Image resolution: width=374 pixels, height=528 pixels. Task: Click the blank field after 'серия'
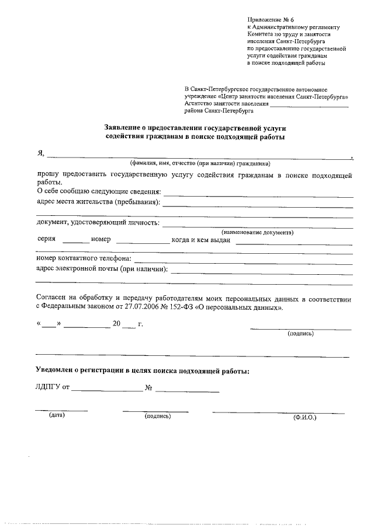(x=76, y=241)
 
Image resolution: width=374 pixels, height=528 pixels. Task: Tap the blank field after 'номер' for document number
(x=142, y=241)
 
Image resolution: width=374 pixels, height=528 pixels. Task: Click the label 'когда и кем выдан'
(x=201, y=240)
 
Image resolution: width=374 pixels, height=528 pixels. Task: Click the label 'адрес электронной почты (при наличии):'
(x=102, y=269)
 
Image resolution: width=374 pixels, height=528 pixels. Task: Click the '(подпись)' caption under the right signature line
(x=300, y=334)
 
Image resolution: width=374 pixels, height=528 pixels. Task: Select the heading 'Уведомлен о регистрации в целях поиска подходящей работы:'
(x=143, y=371)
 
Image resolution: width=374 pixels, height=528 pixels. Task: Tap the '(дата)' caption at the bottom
(x=57, y=415)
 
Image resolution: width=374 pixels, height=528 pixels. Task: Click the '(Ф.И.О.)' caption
(x=304, y=418)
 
